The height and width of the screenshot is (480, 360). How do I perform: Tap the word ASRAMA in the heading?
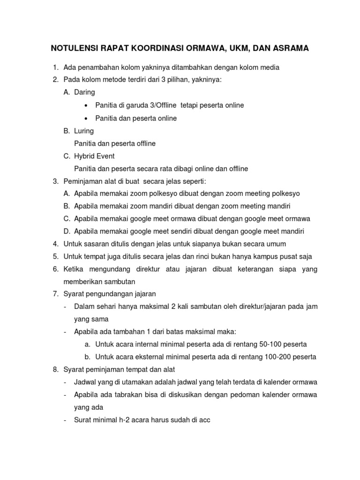(x=288, y=48)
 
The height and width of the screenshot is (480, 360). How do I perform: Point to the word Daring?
(x=84, y=93)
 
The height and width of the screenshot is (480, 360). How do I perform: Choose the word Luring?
(x=84, y=131)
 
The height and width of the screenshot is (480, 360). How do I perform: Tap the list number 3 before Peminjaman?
(x=54, y=181)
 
